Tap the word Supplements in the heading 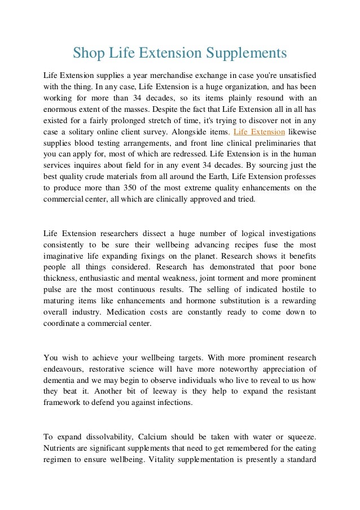click(x=248, y=53)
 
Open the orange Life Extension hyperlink click(x=260, y=132)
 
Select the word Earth click(x=215, y=176)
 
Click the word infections click(x=174, y=402)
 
